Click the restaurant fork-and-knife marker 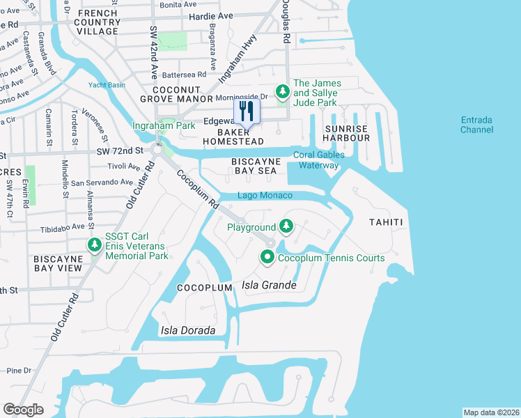247,111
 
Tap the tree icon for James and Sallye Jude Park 282,91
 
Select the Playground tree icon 286,226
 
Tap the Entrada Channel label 476,125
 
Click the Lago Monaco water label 265,196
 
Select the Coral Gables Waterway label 318,160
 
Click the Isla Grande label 269,286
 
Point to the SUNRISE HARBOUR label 347,133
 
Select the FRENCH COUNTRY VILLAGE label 98,22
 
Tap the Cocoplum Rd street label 197,189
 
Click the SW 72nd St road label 119,150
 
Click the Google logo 23,410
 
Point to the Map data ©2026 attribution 491,412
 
